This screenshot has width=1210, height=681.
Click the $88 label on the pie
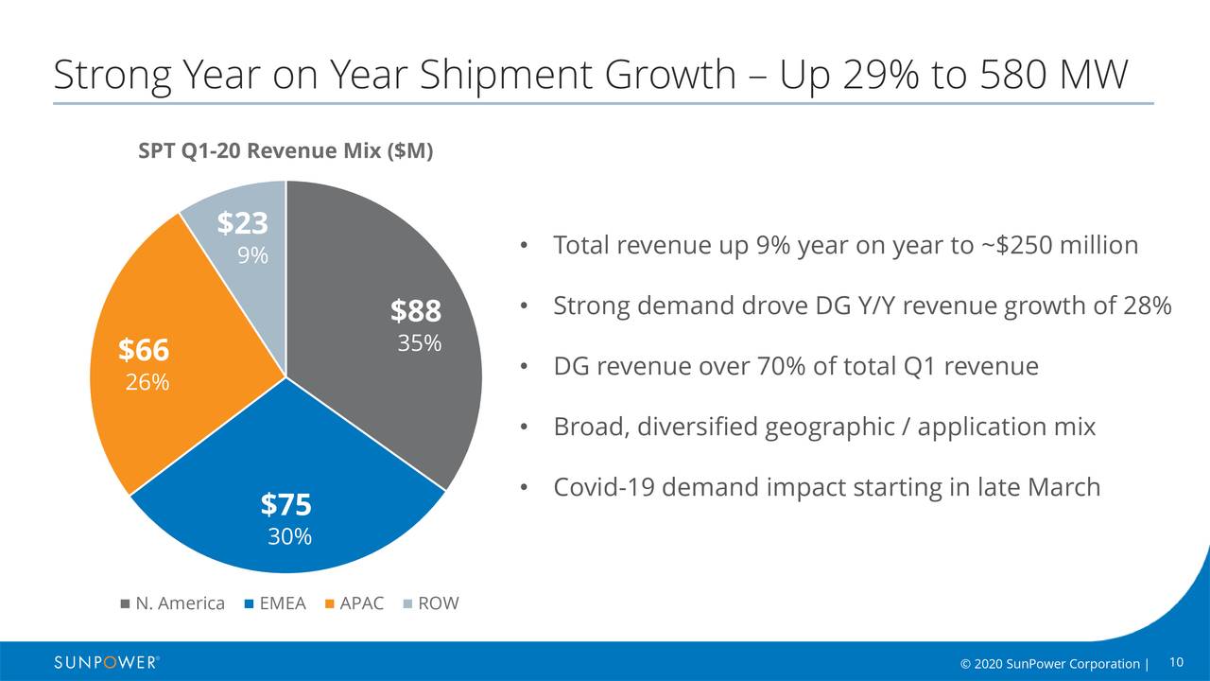point(416,310)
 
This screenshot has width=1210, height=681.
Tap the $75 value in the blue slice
point(286,504)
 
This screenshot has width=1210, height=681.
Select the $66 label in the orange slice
point(144,350)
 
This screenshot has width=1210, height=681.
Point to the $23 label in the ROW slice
point(243,223)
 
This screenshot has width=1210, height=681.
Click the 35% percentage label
point(419,343)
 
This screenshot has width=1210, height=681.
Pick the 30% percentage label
point(289,537)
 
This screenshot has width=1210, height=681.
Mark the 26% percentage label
point(147,382)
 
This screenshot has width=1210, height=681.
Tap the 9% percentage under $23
point(252,255)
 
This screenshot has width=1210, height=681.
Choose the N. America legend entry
point(172,603)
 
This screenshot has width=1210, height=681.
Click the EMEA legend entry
point(275,603)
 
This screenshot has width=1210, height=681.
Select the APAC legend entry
point(354,603)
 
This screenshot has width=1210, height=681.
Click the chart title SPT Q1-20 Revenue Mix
point(285,151)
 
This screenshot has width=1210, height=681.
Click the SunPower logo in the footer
point(106,662)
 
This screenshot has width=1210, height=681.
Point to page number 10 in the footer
point(1177,661)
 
